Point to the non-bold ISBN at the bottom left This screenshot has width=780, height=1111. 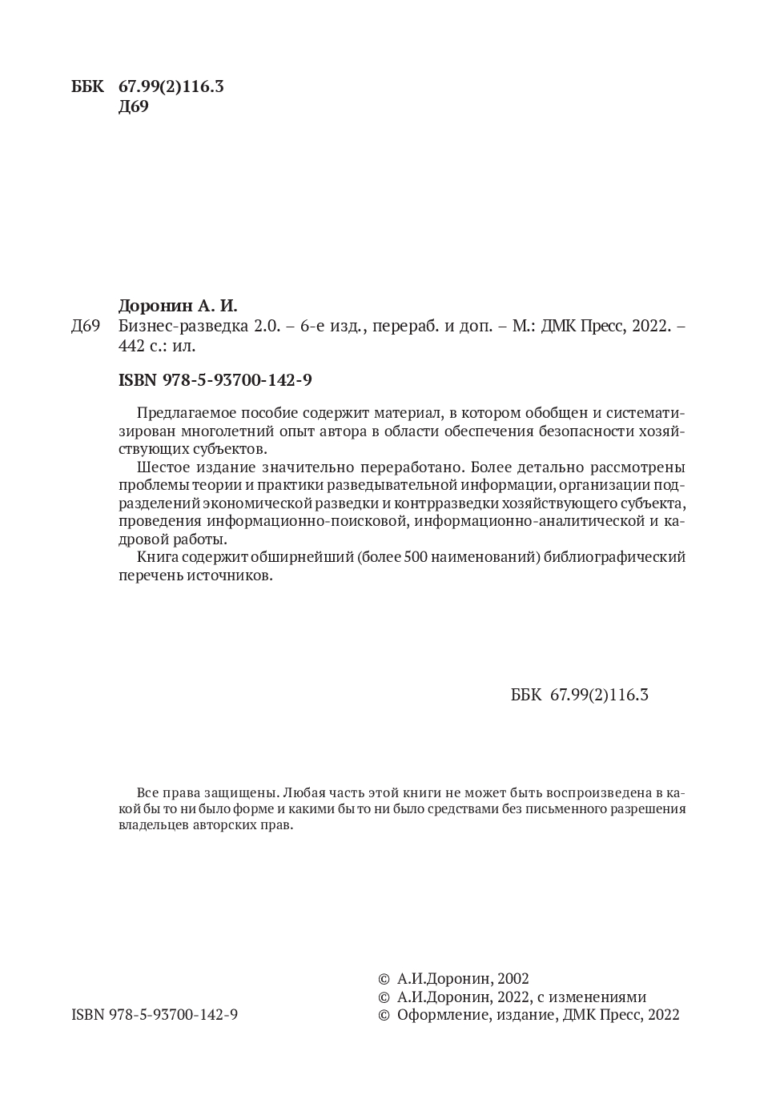click(155, 1014)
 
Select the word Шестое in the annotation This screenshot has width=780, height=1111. click(163, 467)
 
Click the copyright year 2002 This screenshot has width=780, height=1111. click(513, 978)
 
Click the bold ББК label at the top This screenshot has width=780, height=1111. click(87, 86)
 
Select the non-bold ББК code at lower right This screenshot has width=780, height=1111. click(579, 695)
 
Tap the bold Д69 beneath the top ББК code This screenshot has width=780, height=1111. click(133, 106)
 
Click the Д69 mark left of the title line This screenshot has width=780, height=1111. click(85, 327)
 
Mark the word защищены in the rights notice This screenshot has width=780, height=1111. click(235, 792)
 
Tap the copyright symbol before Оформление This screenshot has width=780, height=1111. click(383, 1015)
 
